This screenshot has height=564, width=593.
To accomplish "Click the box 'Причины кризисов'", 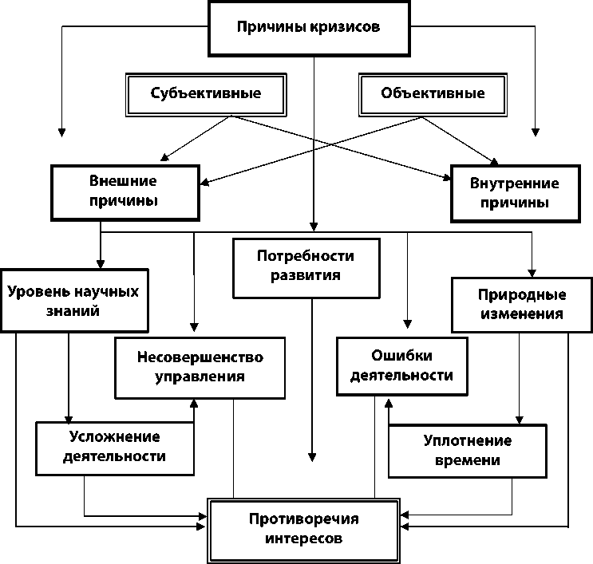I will pos(308,26).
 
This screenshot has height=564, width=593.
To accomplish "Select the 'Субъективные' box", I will pos(206,94).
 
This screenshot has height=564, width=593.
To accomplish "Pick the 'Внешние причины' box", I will pos(124,192).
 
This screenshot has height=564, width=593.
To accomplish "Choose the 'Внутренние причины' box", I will pos(515,193).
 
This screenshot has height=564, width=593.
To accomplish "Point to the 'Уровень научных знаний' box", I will pos(73,301).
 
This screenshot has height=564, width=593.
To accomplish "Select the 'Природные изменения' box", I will pos(521,304).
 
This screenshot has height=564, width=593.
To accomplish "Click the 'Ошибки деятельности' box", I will pos(401,365).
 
